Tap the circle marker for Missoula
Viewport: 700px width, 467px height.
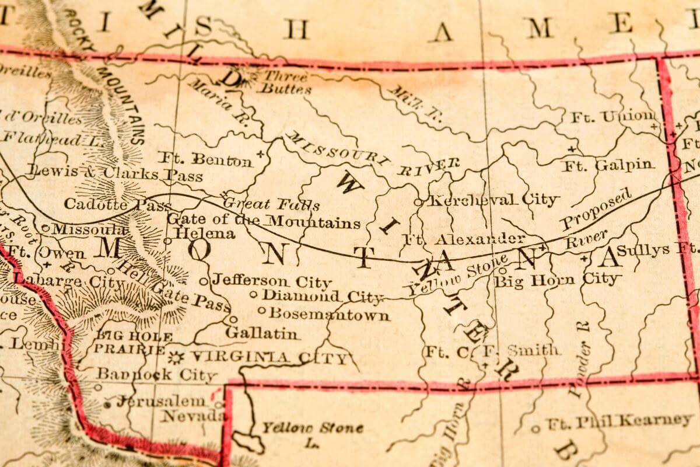[x=45, y=228]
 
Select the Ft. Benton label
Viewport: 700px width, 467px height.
[x=205, y=159]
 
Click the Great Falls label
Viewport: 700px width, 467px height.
[x=272, y=204]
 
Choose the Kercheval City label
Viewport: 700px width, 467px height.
[x=493, y=200]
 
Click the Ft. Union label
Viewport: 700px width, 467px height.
[x=612, y=117]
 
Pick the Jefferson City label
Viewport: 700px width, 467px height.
[x=271, y=281]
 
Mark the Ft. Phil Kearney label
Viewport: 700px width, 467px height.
[x=619, y=421]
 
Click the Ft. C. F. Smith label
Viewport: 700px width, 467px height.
[x=492, y=351]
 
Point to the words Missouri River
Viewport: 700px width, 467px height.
[x=373, y=155]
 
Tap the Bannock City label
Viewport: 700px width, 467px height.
[x=156, y=374]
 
